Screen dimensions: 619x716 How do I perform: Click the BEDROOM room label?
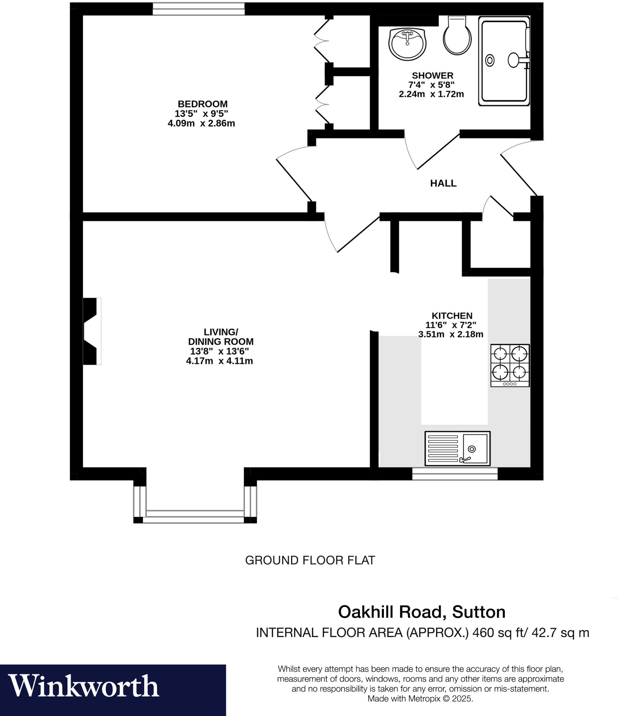tap(203, 104)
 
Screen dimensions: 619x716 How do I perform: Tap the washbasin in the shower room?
tap(407, 44)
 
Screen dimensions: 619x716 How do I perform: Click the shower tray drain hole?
tap(490, 60)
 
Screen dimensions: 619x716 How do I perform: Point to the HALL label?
tap(443, 183)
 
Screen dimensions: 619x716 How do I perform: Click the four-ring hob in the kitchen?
tap(510, 365)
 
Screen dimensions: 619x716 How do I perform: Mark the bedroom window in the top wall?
tap(198, 9)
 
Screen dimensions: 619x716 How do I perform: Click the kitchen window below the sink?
tap(454, 474)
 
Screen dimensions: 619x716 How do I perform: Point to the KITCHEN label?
tap(452, 316)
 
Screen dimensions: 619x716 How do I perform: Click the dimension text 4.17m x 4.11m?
tap(219, 361)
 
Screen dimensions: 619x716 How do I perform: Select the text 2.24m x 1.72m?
tap(431, 94)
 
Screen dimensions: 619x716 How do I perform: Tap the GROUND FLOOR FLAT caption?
tap(310, 560)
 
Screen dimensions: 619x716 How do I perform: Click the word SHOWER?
tap(432, 76)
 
